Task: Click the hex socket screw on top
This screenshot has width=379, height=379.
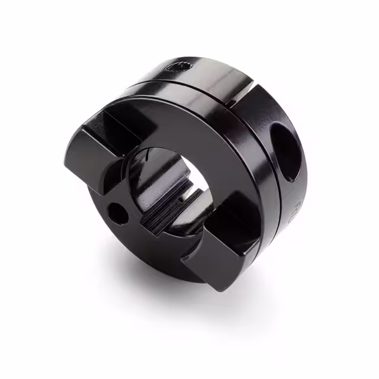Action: (x=179, y=68)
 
